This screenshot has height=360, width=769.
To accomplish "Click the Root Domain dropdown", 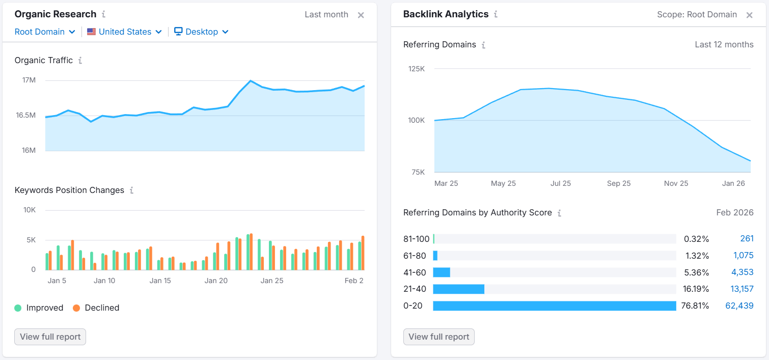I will pos(45,32).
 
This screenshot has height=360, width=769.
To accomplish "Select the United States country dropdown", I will pos(125,32).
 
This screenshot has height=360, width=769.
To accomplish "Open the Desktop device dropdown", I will pos(201,32).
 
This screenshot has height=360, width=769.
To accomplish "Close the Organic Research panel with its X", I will pos(361,15).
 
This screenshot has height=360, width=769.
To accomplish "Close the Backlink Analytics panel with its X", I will pos(749,15).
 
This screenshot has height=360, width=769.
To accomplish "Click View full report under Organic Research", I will pos(50,337).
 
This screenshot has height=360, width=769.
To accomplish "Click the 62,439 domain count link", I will pos(739,306).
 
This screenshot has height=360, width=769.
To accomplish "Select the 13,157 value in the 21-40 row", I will pos(741,289).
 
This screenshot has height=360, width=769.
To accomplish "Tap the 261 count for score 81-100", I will pos(747,239).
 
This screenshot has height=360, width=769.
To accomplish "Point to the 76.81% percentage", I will pos(696,306).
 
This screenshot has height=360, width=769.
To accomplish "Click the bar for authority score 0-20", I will pos(554,306).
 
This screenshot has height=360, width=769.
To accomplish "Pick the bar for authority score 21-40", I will pos(458,289).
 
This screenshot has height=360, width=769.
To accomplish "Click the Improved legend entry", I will pos(39,308).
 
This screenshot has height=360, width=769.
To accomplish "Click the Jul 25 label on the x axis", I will pos(560,183).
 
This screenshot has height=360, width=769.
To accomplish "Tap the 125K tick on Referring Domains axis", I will pos(416,69).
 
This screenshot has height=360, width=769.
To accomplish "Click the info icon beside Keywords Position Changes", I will pos(131,190).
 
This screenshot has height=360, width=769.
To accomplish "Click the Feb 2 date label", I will pos(354,281).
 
